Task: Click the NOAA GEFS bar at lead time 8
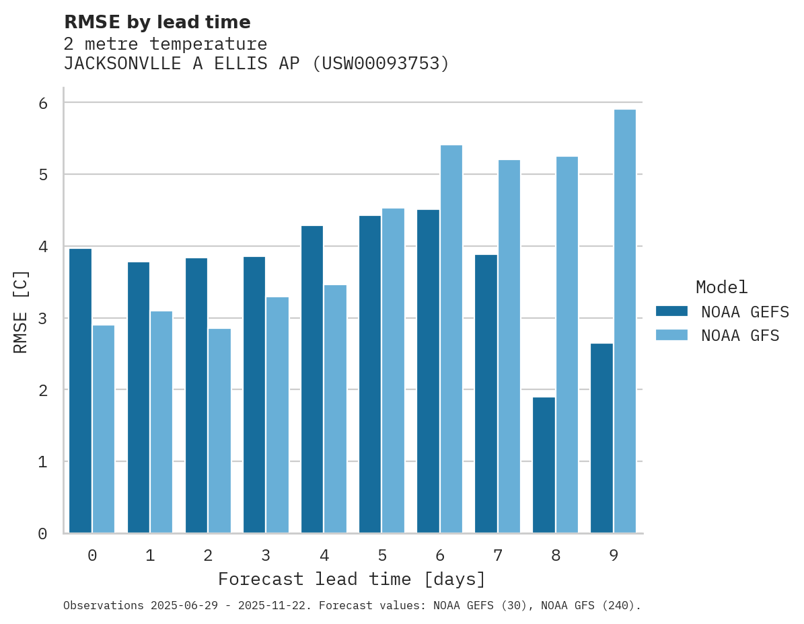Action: (544, 465)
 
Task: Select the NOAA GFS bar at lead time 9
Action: (625, 321)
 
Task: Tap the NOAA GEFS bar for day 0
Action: (80, 391)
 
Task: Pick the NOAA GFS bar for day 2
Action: (219, 430)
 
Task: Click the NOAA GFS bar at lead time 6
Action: (451, 339)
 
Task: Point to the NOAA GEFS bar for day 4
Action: (312, 379)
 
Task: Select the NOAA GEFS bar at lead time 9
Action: (601, 438)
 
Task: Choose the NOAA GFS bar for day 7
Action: (509, 346)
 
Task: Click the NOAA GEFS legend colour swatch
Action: (671, 311)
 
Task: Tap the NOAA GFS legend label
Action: (740, 336)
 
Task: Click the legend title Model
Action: (721, 287)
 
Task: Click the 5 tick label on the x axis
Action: (382, 555)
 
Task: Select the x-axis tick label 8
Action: (556, 555)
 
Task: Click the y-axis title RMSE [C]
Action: (22, 311)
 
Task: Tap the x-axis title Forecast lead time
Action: (351, 579)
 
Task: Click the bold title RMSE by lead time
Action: (157, 22)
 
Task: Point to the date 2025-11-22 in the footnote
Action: (279, 606)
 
